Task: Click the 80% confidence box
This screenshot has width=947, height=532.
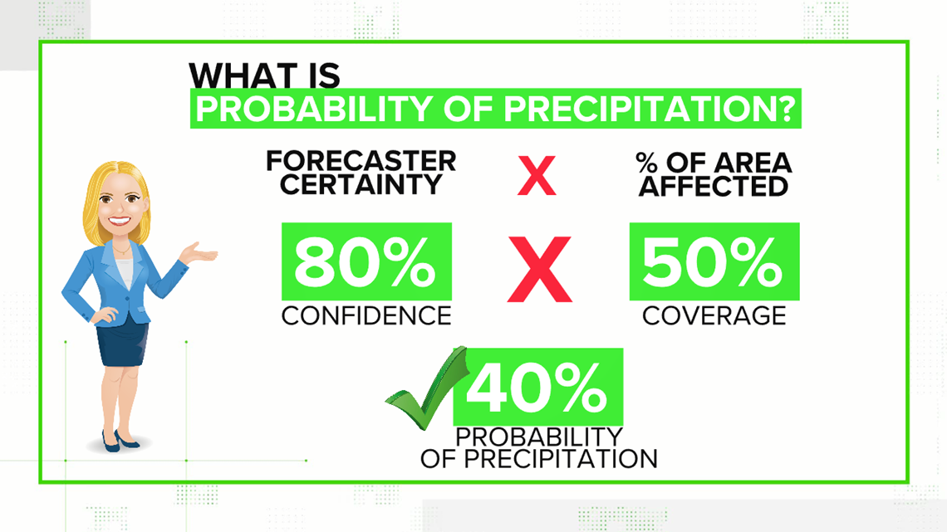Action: [366, 261]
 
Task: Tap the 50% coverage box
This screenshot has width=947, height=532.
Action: [714, 261]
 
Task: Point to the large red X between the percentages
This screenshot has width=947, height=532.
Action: [539, 269]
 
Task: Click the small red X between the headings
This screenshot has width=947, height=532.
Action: [537, 175]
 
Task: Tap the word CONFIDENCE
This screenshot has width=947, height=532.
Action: [366, 316]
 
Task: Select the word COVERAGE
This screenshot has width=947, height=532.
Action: [714, 316]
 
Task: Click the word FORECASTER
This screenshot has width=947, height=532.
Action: [361, 162]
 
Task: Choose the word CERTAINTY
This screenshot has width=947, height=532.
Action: [361, 184]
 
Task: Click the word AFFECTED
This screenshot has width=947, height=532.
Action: [714, 187]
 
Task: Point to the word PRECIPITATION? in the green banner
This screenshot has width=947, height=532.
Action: [650, 110]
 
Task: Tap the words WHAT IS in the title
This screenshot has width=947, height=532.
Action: [264, 76]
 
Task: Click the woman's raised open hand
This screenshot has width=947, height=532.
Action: [199, 253]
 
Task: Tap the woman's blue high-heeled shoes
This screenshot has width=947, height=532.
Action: [119, 441]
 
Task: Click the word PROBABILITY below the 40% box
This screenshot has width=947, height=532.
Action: [539, 437]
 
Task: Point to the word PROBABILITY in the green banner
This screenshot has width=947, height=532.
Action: [313, 110]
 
